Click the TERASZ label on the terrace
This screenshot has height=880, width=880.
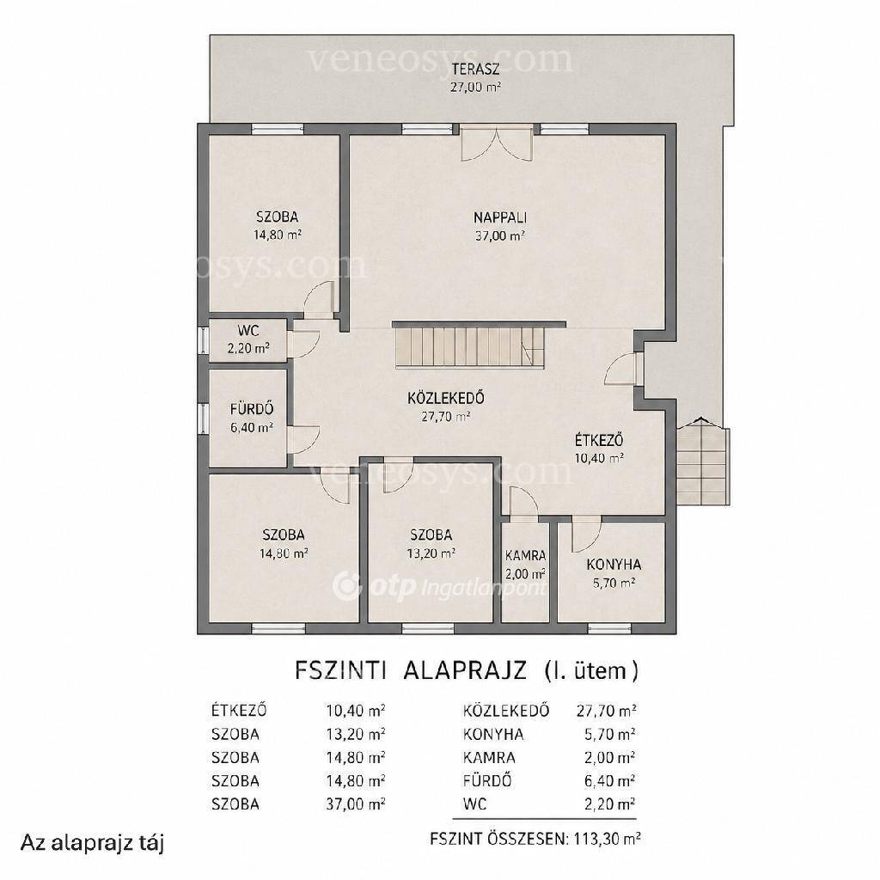[476, 70]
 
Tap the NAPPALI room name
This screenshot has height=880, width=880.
[500, 217]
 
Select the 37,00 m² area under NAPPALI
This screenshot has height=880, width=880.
[500, 235]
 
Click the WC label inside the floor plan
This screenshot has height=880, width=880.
[248, 330]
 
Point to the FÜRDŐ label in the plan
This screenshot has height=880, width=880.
[252, 408]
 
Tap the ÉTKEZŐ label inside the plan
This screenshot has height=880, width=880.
[599, 440]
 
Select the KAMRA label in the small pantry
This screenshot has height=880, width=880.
[525, 556]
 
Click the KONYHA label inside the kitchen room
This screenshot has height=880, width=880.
[614, 565]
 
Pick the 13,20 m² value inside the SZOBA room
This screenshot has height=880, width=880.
[431, 553]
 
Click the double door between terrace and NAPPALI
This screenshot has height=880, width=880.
[496, 144]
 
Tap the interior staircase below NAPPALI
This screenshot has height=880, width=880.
[470, 348]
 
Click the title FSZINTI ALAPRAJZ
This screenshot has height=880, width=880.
[410, 670]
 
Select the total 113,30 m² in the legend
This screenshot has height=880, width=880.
[608, 839]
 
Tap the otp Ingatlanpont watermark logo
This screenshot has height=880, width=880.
[439, 587]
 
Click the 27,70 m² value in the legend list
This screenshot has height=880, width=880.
[606, 711]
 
